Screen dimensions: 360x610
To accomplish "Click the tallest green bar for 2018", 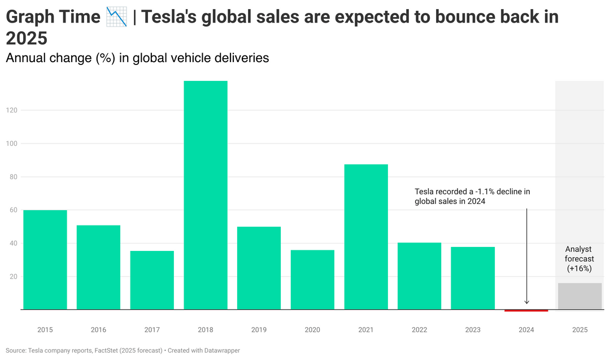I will click(206, 195).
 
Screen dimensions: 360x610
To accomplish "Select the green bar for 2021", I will click(366, 237).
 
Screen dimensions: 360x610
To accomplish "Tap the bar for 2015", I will click(45, 260).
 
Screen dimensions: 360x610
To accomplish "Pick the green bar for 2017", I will click(152, 280).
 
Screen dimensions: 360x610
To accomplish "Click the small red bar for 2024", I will click(526, 310).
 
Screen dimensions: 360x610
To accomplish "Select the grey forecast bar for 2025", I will click(579, 296).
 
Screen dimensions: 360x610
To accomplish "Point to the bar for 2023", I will click(473, 278).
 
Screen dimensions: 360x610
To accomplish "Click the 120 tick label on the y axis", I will click(11, 111).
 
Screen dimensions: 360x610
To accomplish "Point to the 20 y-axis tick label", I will click(13, 277).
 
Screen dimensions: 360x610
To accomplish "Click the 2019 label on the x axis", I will click(259, 330).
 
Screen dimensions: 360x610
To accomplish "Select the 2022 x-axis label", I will click(419, 330).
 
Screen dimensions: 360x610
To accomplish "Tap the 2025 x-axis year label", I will click(579, 330).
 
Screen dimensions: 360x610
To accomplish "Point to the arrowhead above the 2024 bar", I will click(526, 302).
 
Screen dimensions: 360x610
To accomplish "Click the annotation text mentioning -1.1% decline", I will click(472, 196).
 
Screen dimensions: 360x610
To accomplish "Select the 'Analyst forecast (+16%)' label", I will click(579, 258).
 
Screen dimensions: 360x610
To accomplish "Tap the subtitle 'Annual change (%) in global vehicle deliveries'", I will click(137, 58).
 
